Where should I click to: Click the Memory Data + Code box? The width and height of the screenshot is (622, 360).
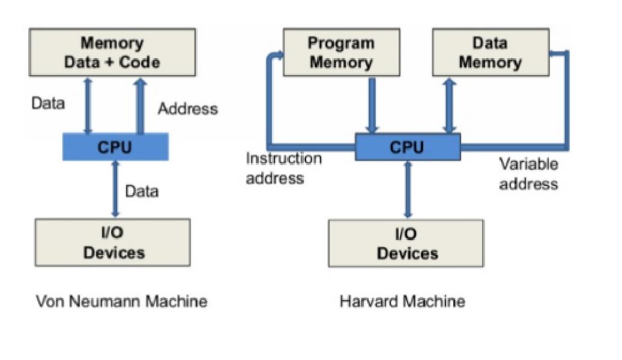[112, 53]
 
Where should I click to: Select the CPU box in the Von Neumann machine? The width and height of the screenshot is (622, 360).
[115, 147]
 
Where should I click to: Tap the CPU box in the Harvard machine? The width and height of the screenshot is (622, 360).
[407, 147]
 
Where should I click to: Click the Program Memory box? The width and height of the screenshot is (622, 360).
[341, 53]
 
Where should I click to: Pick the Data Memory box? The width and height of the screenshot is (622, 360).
[490, 53]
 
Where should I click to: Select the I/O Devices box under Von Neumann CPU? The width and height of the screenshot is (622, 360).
[113, 243]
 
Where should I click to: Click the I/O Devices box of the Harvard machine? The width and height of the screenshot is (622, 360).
[406, 243]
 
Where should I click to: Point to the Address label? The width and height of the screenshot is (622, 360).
[187, 109]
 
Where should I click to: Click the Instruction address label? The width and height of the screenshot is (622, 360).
[283, 169]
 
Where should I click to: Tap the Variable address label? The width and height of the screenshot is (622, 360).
[528, 174]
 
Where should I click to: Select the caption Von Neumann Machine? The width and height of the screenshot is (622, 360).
[121, 301]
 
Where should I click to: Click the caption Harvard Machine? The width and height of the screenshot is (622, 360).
[402, 301]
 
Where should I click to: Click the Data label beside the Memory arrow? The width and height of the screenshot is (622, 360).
[48, 103]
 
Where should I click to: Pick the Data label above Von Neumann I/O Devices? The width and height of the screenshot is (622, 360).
[142, 191]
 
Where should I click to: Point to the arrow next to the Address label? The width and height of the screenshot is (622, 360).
[140, 106]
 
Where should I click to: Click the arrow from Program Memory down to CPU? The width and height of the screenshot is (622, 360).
[372, 106]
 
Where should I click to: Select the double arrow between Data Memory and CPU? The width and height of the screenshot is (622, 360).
[449, 106]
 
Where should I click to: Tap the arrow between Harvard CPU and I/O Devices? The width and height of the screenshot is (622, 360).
[408, 190]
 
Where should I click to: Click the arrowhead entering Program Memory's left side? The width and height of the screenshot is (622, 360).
[277, 56]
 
